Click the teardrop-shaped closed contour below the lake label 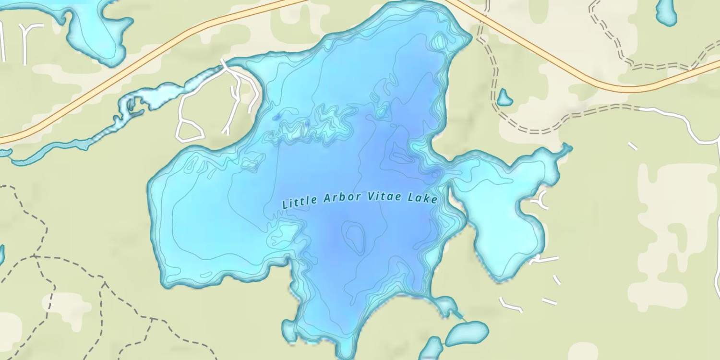coord(355,237)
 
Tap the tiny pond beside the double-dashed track coord(504,98)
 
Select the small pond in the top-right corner coord(666,12)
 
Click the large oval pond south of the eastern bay coord(467,333)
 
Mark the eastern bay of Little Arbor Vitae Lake coord(504,211)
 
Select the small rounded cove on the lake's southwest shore coord(289,330)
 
